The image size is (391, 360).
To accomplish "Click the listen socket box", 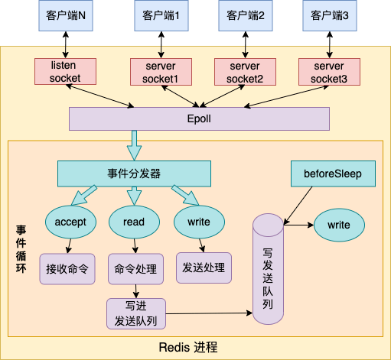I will [x=65, y=72].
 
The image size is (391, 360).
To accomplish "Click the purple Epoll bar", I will [x=199, y=119].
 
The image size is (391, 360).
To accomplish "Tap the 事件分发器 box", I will [x=134, y=174].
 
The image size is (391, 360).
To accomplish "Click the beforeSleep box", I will [x=334, y=174].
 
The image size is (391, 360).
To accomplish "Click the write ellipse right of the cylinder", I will [x=339, y=225].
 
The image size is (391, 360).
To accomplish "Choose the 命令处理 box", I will [x=135, y=268].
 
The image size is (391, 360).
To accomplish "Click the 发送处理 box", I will [x=204, y=268].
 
